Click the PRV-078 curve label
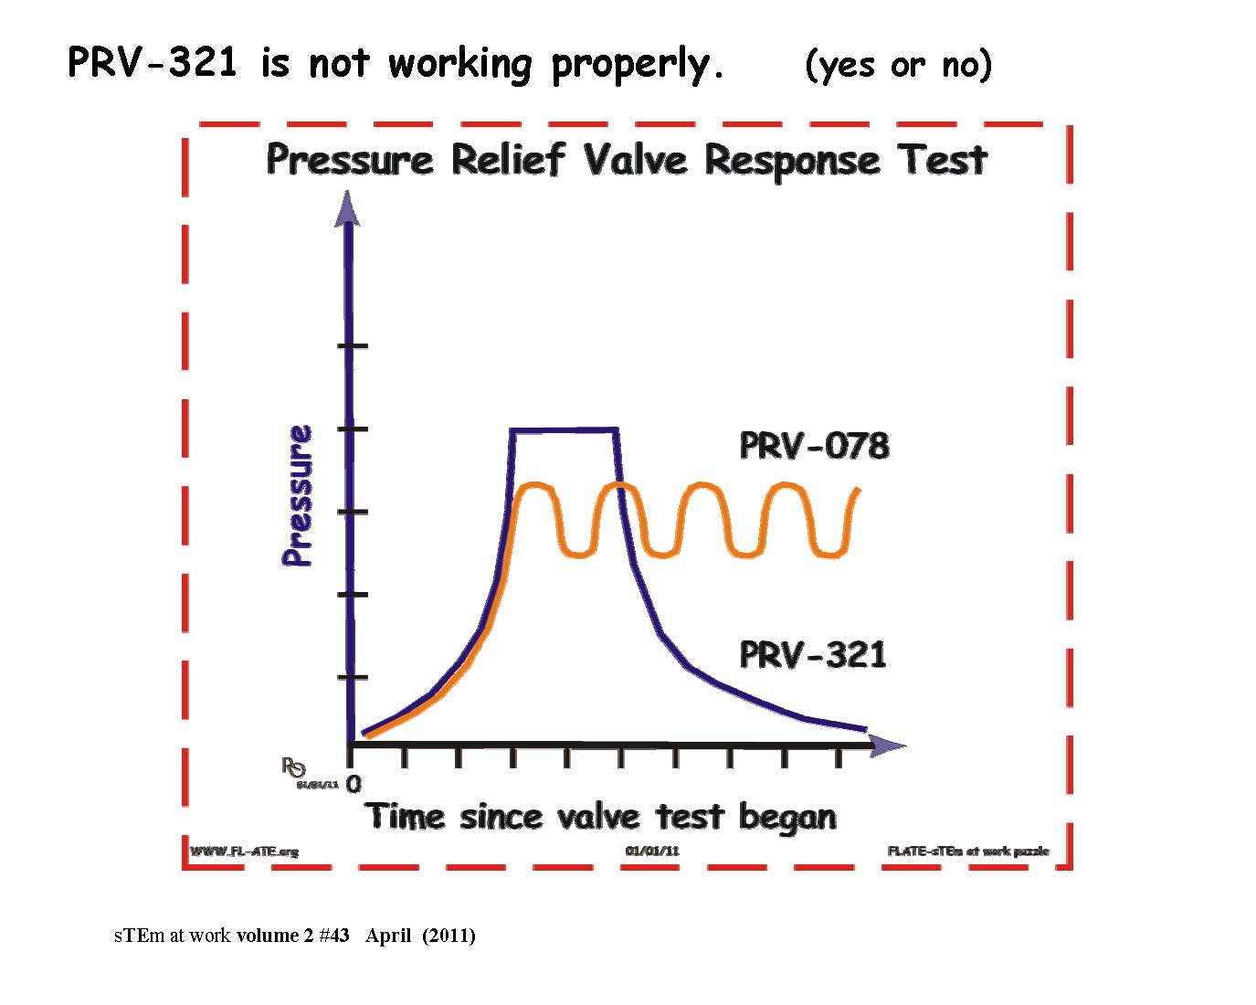pos(814,446)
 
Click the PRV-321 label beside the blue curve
pos(812,655)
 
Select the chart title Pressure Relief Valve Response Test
pos(627,160)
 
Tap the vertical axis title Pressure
pos(297,495)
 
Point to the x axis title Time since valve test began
pos(600,816)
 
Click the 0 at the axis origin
pos(354,784)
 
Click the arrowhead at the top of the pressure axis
pos(347,207)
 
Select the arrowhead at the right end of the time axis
pos(887,746)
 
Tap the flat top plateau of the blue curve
pos(564,428)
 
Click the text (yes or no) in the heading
pos(898,65)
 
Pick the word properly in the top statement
pos(637,64)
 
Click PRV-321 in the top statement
pos(153,63)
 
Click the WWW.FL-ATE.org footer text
pos(244,852)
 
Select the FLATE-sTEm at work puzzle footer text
pos(967,852)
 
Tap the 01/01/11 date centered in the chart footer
pos(652,852)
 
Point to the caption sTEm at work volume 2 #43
pos(232,936)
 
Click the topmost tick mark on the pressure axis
pos(353,345)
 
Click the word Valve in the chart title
pos(634,160)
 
